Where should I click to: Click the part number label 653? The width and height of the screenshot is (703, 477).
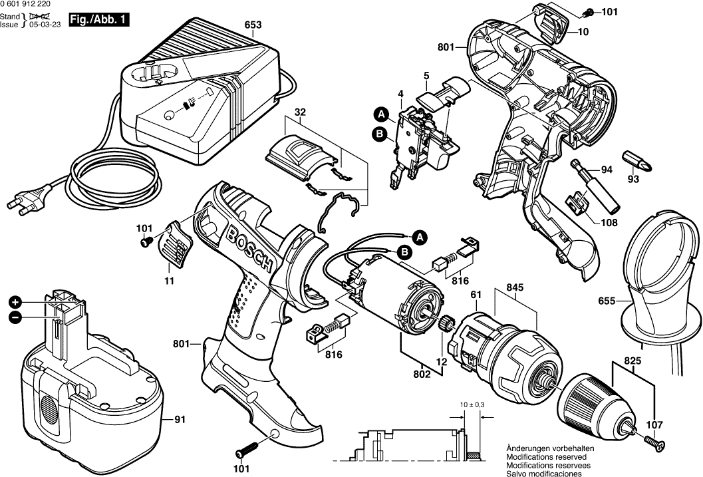coord(253,25)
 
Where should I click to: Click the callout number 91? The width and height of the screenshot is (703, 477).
coord(180,420)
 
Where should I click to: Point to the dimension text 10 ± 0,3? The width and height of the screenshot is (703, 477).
coord(472,404)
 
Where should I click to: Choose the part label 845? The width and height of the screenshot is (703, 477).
coord(515,287)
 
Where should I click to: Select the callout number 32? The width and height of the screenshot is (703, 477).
coord(300,112)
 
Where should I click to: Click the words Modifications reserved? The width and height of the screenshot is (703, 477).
coord(546,458)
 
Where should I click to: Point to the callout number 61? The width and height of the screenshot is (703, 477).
coord(476,295)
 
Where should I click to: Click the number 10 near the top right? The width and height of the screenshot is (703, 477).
coord(583,31)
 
